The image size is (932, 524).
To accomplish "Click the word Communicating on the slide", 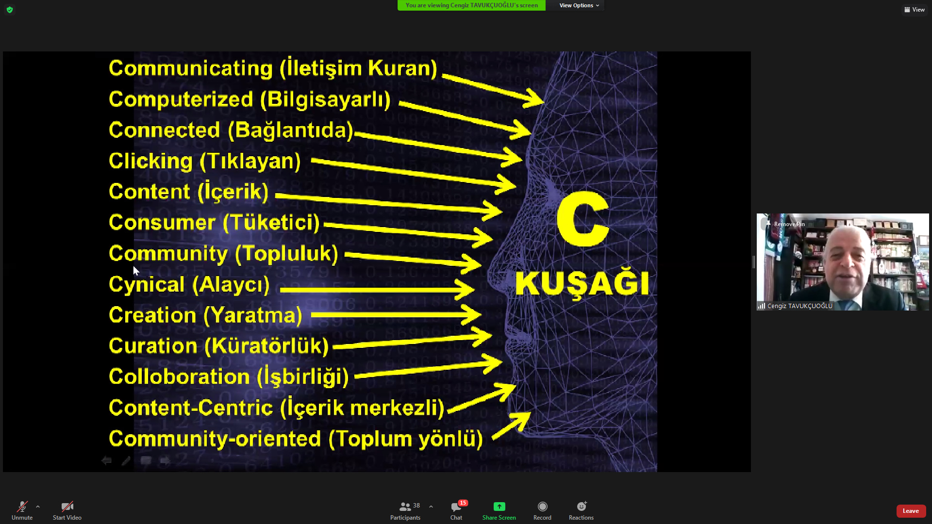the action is [191, 69].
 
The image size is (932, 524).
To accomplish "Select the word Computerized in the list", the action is [181, 99].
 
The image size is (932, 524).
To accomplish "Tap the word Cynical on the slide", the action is [147, 285].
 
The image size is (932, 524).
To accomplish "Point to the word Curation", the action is [152, 346].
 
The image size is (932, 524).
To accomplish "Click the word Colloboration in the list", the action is [179, 377].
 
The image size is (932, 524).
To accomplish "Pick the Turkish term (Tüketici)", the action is [271, 223].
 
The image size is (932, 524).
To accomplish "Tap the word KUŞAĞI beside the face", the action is [582, 284].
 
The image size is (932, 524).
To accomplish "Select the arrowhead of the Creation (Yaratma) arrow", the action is [471, 315].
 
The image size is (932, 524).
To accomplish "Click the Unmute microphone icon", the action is [22, 507].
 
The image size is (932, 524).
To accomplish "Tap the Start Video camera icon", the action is [67, 507].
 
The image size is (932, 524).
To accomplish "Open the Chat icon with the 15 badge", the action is [456, 507].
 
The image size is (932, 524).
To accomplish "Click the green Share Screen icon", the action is [499, 507].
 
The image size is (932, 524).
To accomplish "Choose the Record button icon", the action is [542, 507].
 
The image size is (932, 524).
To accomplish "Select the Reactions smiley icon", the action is [582, 507].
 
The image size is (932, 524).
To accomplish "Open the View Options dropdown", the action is [579, 5].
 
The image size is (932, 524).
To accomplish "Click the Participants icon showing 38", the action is [405, 507].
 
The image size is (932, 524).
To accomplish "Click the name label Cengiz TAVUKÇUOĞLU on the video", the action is [799, 306].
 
